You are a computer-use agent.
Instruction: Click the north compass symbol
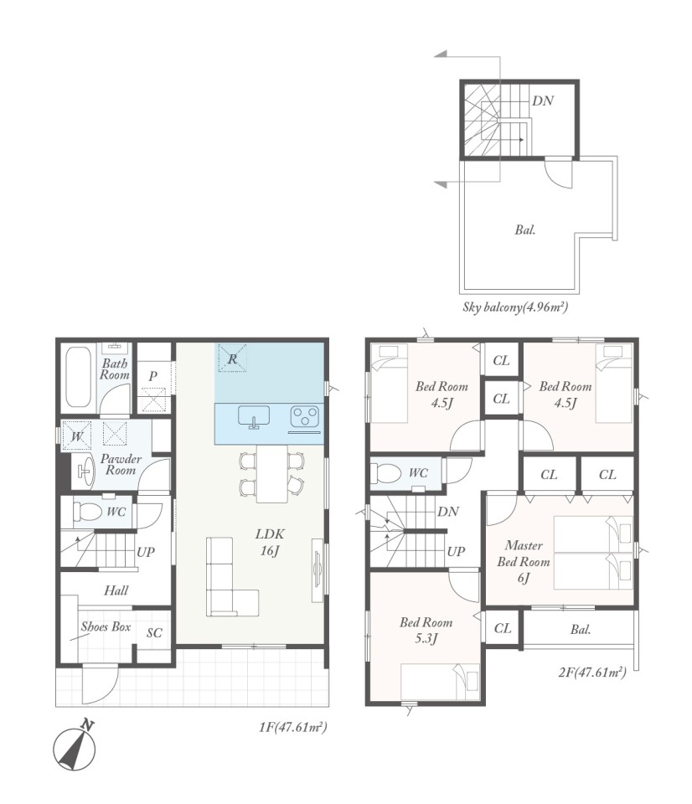pyautogui.click(x=75, y=746)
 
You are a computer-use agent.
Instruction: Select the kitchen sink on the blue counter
pyautogui.click(x=253, y=416)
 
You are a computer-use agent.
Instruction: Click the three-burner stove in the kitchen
pyautogui.click(x=305, y=416)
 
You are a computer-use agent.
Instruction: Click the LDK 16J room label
pyautogui.click(x=269, y=542)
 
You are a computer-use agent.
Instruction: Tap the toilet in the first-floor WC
pyautogui.click(x=88, y=511)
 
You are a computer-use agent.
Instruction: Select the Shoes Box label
pyautogui.click(x=106, y=626)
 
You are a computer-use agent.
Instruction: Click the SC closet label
pyautogui.click(x=154, y=633)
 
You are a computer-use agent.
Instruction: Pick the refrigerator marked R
pyautogui.click(x=232, y=358)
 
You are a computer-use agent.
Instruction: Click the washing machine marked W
pyautogui.click(x=76, y=435)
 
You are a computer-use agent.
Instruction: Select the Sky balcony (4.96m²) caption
pyautogui.click(x=515, y=307)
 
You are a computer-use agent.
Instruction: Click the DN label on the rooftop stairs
pyautogui.click(x=542, y=100)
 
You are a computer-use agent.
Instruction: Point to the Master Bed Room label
pyautogui.click(x=524, y=561)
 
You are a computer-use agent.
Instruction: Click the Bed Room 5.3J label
pyautogui.click(x=426, y=630)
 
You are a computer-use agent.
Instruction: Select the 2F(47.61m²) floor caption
pyautogui.click(x=592, y=672)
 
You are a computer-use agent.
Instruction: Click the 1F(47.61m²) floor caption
pyautogui.click(x=293, y=727)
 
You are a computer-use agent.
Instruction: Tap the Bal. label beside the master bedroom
pyautogui.click(x=581, y=629)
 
